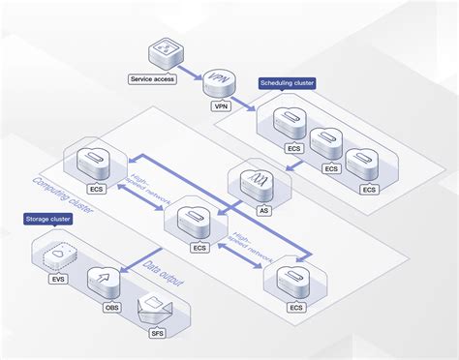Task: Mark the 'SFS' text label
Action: pos(158,334)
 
